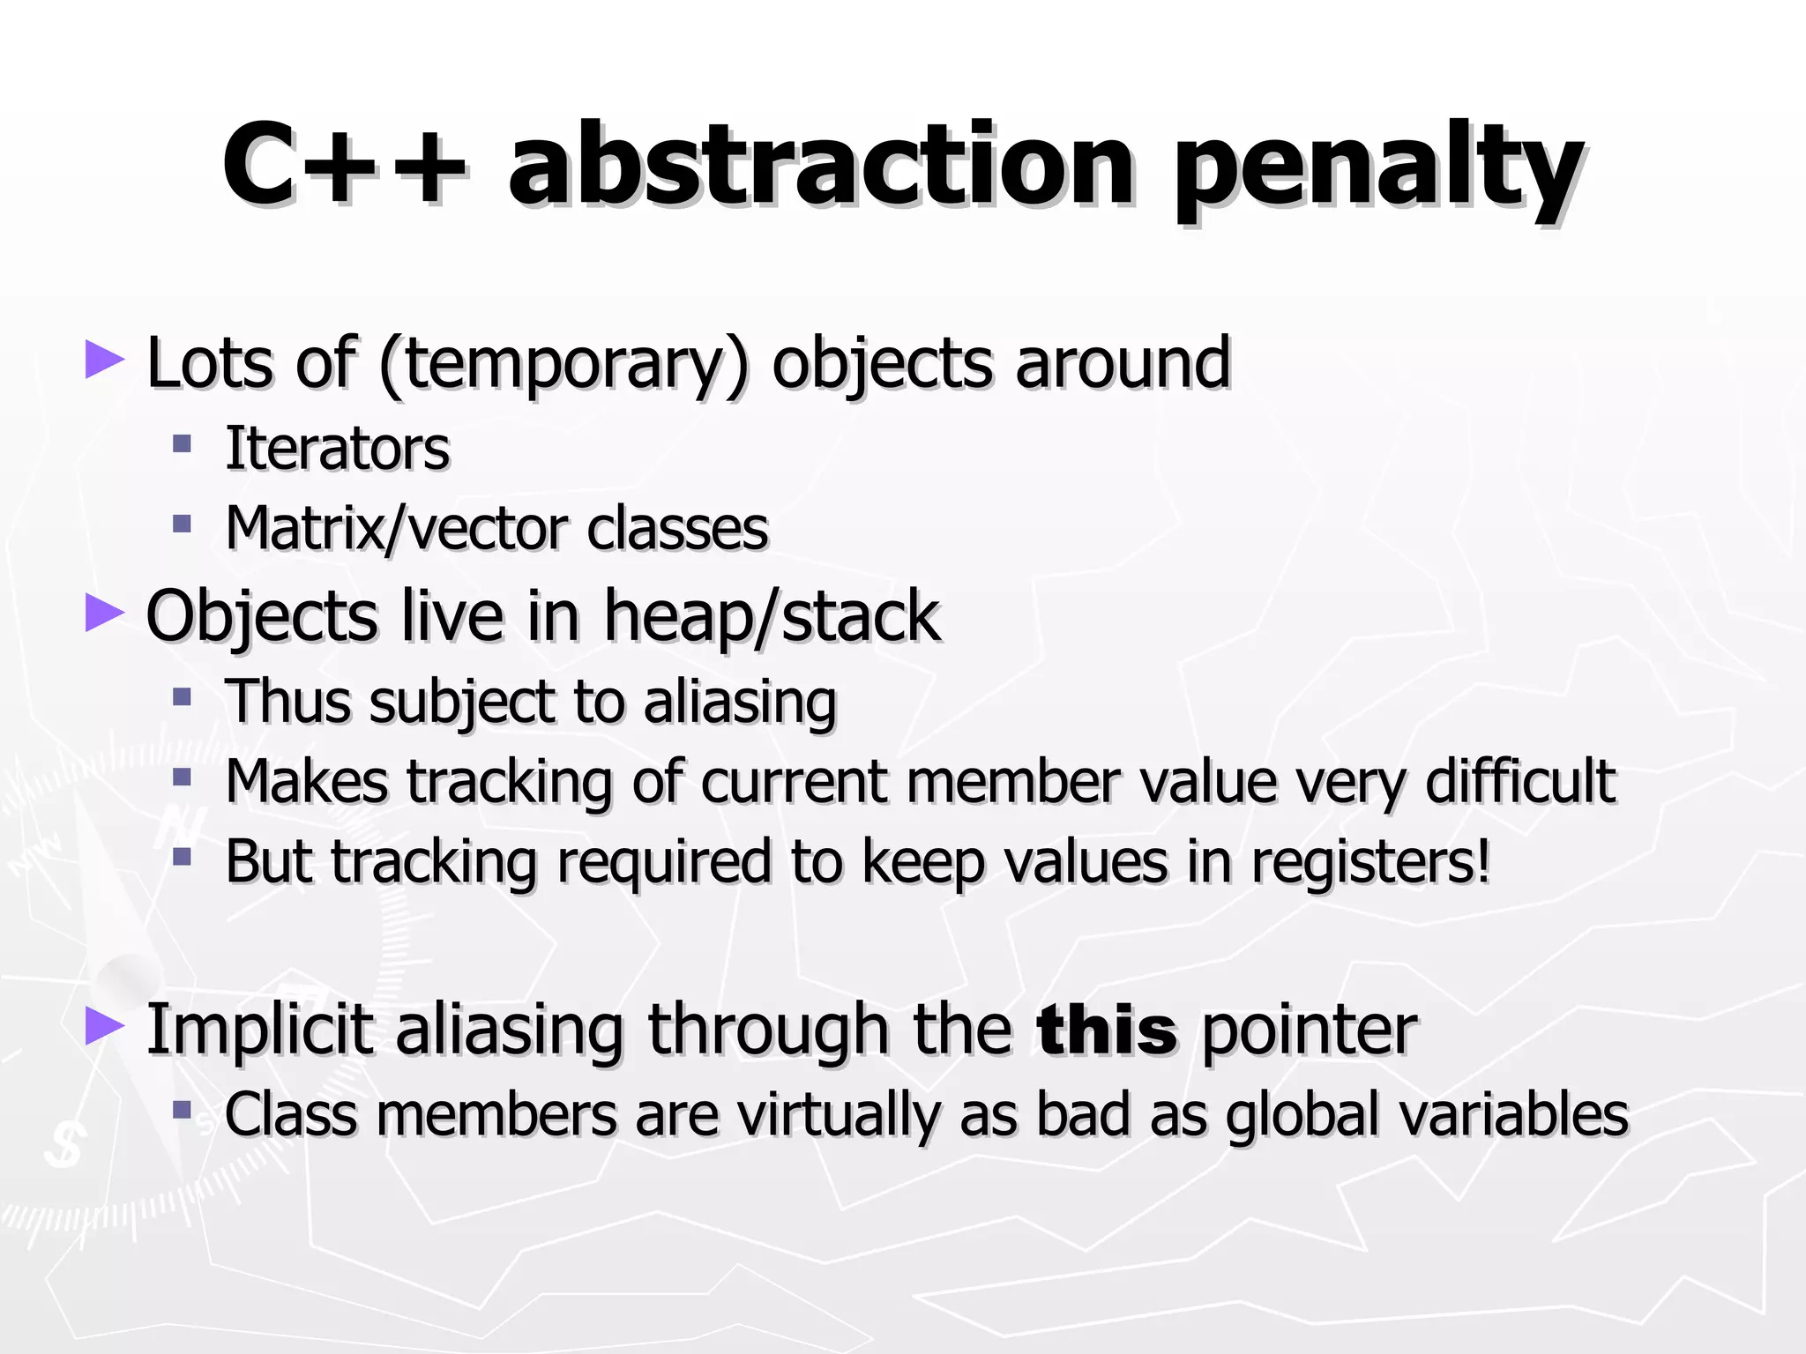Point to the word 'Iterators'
point(338,449)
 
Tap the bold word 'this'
point(1107,1030)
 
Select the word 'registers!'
point(1371,861)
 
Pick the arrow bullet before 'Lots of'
point(104,361)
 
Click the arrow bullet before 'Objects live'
point(104,613)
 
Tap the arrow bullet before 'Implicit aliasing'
point(104,1027)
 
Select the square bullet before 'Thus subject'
point(183,697)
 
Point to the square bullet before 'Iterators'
point(183,443)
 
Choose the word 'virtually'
point(839,1114)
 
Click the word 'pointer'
point(1310,1030)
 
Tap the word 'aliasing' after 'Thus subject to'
point(740,703)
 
